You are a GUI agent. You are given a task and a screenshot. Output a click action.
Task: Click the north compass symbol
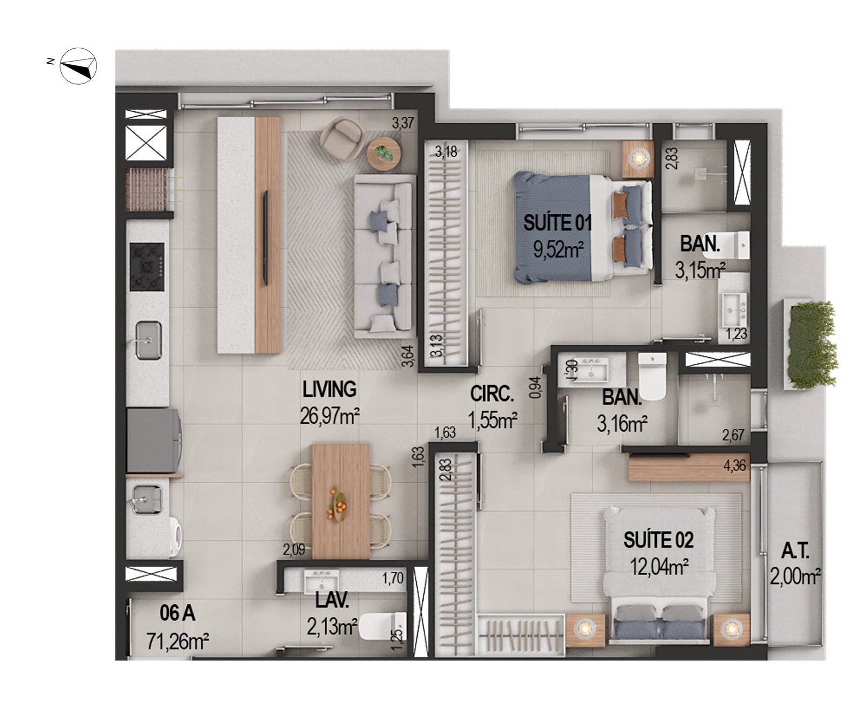pos(78,66)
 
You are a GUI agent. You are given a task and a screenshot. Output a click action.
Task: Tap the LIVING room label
pos(329,389)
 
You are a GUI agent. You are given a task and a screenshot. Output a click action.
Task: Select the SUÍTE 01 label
pos(558,222)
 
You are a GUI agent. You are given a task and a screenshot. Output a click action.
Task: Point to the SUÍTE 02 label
pos(658,540)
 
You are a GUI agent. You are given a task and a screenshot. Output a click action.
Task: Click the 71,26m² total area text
pos(178,641)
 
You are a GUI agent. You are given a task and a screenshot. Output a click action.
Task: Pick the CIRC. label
pos(492,394)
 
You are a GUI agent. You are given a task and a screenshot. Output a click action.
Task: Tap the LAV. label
pos(332,600)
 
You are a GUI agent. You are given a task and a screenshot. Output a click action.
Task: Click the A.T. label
pos(795,551)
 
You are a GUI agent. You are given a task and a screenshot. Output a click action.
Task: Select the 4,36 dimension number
pos(734,465)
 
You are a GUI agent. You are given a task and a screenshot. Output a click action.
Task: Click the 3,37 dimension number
pos(403,123)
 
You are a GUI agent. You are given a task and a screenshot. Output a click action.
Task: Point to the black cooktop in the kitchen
pos(147,267)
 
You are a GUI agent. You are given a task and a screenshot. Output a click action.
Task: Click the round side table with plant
pos(384,154)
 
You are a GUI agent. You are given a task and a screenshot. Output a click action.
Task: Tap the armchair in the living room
pos(341,139)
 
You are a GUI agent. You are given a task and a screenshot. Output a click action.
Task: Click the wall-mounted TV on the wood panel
pos(265,237)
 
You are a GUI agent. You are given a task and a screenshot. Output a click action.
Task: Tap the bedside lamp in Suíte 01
pos(638,157)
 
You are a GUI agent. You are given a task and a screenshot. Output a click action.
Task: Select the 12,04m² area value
pos(659,566)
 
